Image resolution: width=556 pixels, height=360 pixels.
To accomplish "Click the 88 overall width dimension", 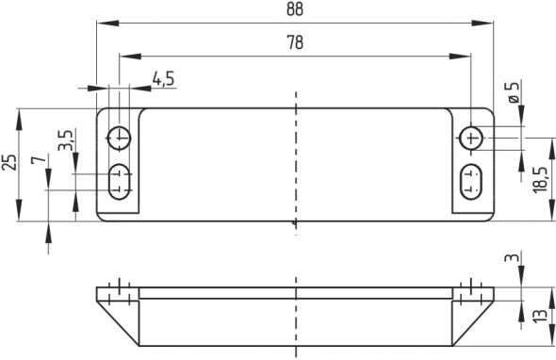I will pos(295,8).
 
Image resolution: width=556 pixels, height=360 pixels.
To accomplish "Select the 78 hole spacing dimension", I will pos(295,42).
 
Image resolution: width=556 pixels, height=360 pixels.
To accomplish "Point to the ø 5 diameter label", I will pos(514,95).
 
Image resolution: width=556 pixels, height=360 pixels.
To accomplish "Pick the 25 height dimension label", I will pos(9,162).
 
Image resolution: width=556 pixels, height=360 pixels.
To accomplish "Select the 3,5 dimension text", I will pos(64,142).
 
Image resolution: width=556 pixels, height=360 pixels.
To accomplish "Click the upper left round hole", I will pos(120,138).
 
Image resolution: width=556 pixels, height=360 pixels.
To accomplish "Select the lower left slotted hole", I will pos(120,179).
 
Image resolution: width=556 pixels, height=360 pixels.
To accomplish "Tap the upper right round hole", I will pos(471,139).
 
